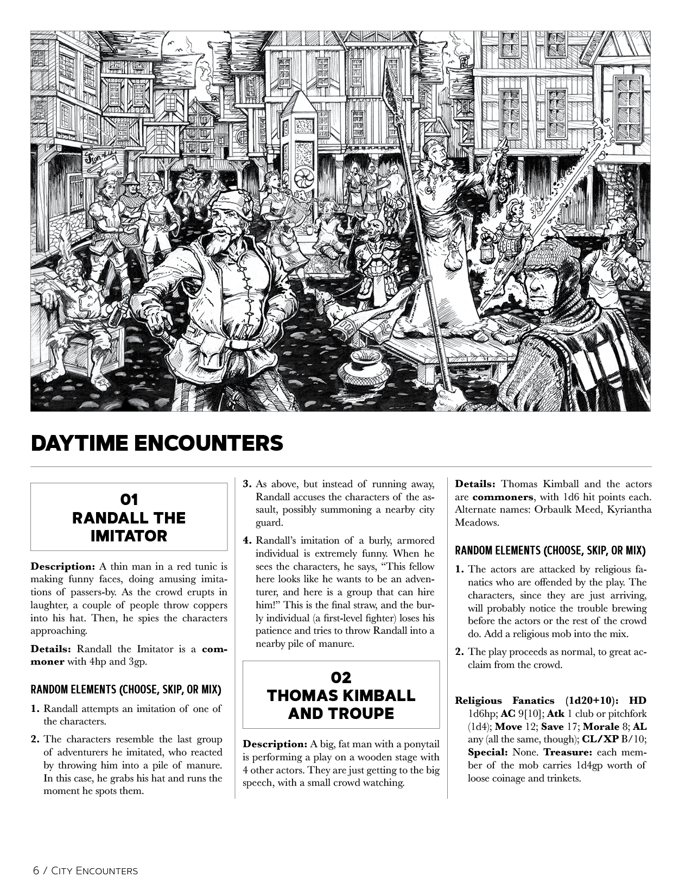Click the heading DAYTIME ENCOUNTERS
click(x=157, y=443)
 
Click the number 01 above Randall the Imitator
click(x=129, y=499)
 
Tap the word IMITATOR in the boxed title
click(x=129, y=536)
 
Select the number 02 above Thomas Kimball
click(x=341, y=677)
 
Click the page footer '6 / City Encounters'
click(x=85, y=870)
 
